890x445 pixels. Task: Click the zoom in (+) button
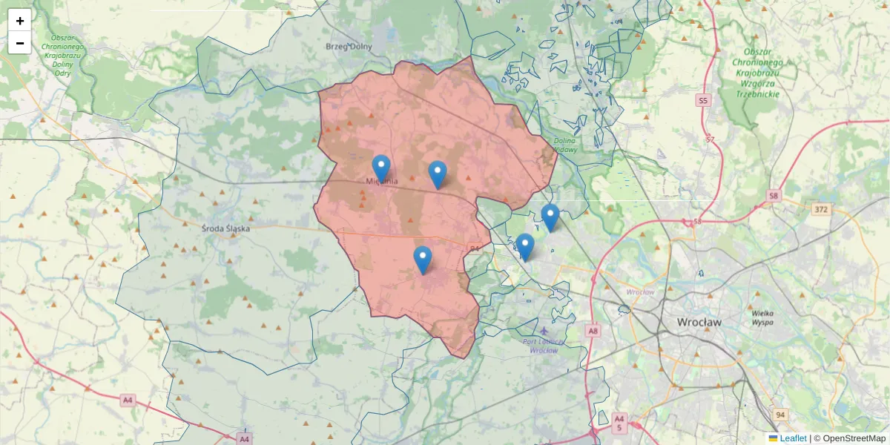20,21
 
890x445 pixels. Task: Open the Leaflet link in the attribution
793,438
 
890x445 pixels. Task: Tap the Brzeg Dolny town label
349,47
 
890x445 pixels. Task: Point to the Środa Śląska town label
226,228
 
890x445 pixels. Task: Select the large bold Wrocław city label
699,323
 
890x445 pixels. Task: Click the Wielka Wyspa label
762,318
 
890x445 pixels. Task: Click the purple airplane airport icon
545,330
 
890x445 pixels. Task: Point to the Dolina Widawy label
565,145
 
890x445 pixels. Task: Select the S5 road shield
703,99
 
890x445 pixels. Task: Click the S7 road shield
710,139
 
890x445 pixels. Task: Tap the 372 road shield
821,210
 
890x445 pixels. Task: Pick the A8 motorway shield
593,331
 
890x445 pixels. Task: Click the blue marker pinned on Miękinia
381,168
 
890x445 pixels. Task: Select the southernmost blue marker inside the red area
423,260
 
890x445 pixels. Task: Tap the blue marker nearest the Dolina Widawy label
550,217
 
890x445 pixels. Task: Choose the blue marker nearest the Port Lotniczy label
524,247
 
